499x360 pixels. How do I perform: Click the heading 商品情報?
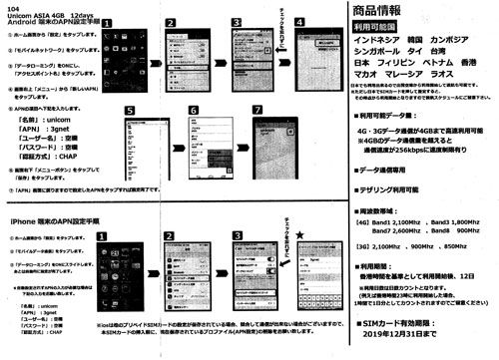click(x=388, y=12)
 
